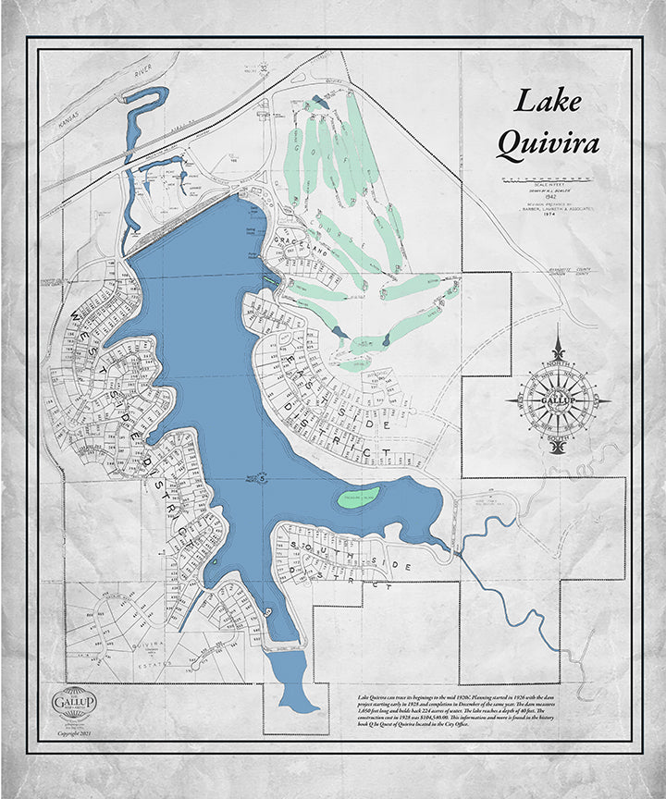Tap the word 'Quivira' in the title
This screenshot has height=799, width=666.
coord(547,143)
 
